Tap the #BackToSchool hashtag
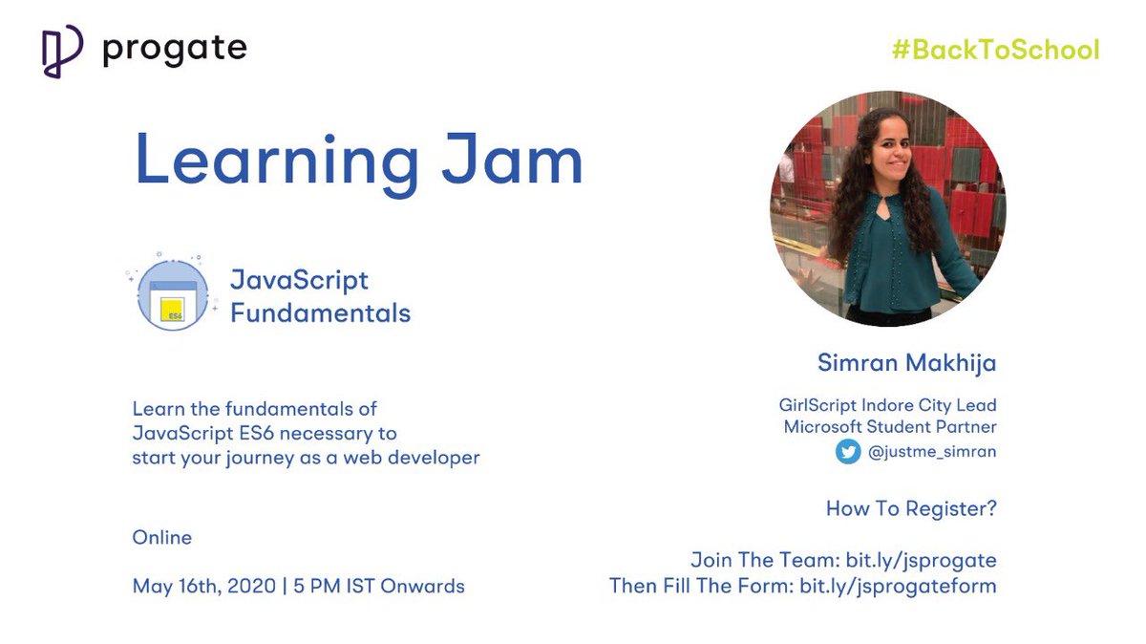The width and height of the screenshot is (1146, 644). click(995, 50)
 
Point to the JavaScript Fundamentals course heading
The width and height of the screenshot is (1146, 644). click(320, 296)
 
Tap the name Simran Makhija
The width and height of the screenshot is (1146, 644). click(906, 363)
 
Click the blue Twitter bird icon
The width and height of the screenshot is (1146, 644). click(848, 452)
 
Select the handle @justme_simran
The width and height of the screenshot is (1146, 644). click(932, 452)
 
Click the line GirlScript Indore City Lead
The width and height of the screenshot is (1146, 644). click(887, 406)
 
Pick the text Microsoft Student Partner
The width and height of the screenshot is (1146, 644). click(890, 427)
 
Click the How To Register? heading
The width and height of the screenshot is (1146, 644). click(911, 509)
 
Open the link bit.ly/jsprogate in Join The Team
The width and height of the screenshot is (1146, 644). click(921, 560)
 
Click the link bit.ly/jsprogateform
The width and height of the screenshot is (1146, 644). click(898, 585)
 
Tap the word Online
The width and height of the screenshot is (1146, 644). click(162, 538)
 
